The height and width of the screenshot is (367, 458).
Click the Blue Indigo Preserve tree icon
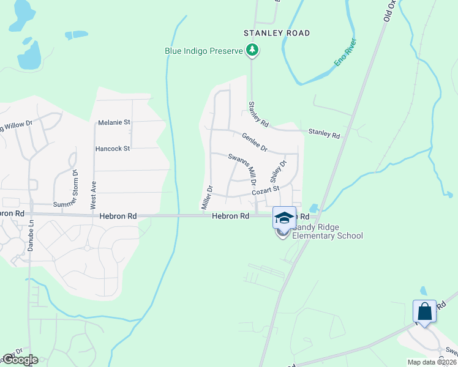pyautogui.click(x=252, y=51)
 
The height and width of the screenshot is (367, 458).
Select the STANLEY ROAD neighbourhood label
pyautogui.click(x=277, y=33)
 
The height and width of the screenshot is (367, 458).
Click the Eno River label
pyautogui.click(x=345, y=53)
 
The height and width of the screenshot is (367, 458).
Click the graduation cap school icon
pyautogui.click(x=284, y=217)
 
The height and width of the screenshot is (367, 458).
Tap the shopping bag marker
pyautogui.click(x=425, y=311)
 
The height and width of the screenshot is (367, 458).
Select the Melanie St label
pyautogui.click(x=114, y=122)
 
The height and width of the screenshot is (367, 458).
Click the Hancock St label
pyautogui.click(x=113, y=149)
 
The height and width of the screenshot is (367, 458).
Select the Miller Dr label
pyautogui.click(x=206, y=198)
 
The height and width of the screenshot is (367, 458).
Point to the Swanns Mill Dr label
pyautogui.click(x=242, y=169)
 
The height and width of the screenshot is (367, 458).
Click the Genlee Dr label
pyautogui.click(x=255, y=143)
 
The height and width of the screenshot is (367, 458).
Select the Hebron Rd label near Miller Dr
pyautogui.click(x=231, y=217)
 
